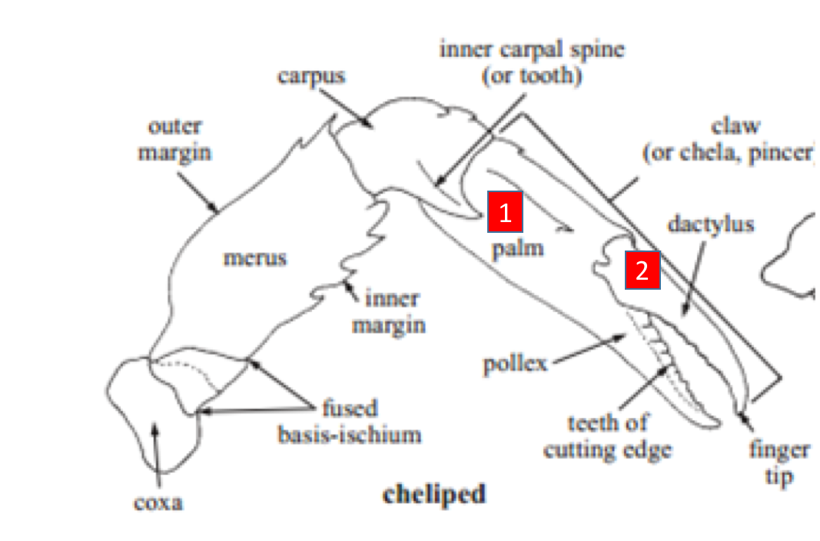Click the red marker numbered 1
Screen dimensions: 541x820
click(x=505, y=213)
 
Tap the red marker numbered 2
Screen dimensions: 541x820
click(x=642, y=270)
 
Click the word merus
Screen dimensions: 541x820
click(x=254, y=257)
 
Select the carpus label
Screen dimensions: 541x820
click(x=311, y=77)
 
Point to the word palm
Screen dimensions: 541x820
click(x=517, y=248)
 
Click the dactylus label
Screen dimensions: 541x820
click(x=711, y=224)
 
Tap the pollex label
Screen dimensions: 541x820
click(x=515, y=362)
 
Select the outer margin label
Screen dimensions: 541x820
click(x=174, y=140)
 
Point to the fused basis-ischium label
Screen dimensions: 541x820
click(x=350, y=421)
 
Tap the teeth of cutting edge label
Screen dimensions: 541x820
click(x=607, y=436)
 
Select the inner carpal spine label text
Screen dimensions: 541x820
click(x=532, y=63)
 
